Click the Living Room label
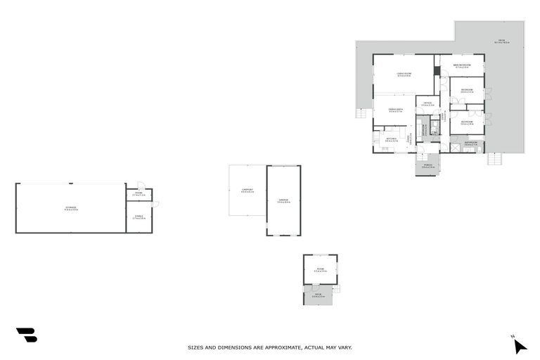point(403,75)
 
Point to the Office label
point(427,104)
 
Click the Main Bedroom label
point(462,65)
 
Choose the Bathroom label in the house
point(471,143)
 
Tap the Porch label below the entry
point(427,166)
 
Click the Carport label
point(247,190)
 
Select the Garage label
point(283,201)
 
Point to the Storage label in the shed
point(70,208)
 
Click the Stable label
point(139,217)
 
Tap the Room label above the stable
point(139,193)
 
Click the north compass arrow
point(519,345)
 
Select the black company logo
point(26,335)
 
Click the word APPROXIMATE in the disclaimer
point(281,347)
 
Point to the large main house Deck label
point(502,41)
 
